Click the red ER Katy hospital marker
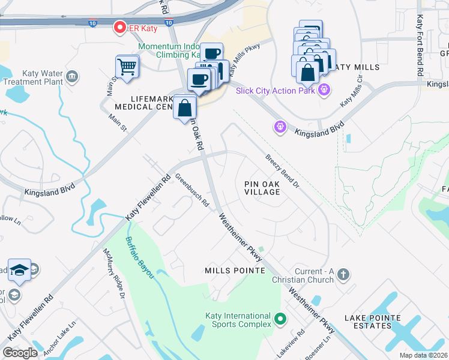pyautogui.click(x=119, y=27)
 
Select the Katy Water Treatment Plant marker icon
pyautogui.click(x=72, y=76)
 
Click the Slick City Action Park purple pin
pyautogui.click(x=324, y=91)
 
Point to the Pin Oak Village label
pyautogui.click(x=262, y=187)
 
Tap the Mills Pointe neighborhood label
pyautogui.click(x=235, y=271)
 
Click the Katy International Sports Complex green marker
pyautogui.click(x=280, y=319)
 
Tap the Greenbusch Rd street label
pyautogui.click(x=191, y=190)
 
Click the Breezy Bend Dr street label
pyautogui.click(x=282, y=170)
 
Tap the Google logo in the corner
pyautogui.click(x=20, y=353)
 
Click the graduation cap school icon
pyautogui.click(x=20, y=270)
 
